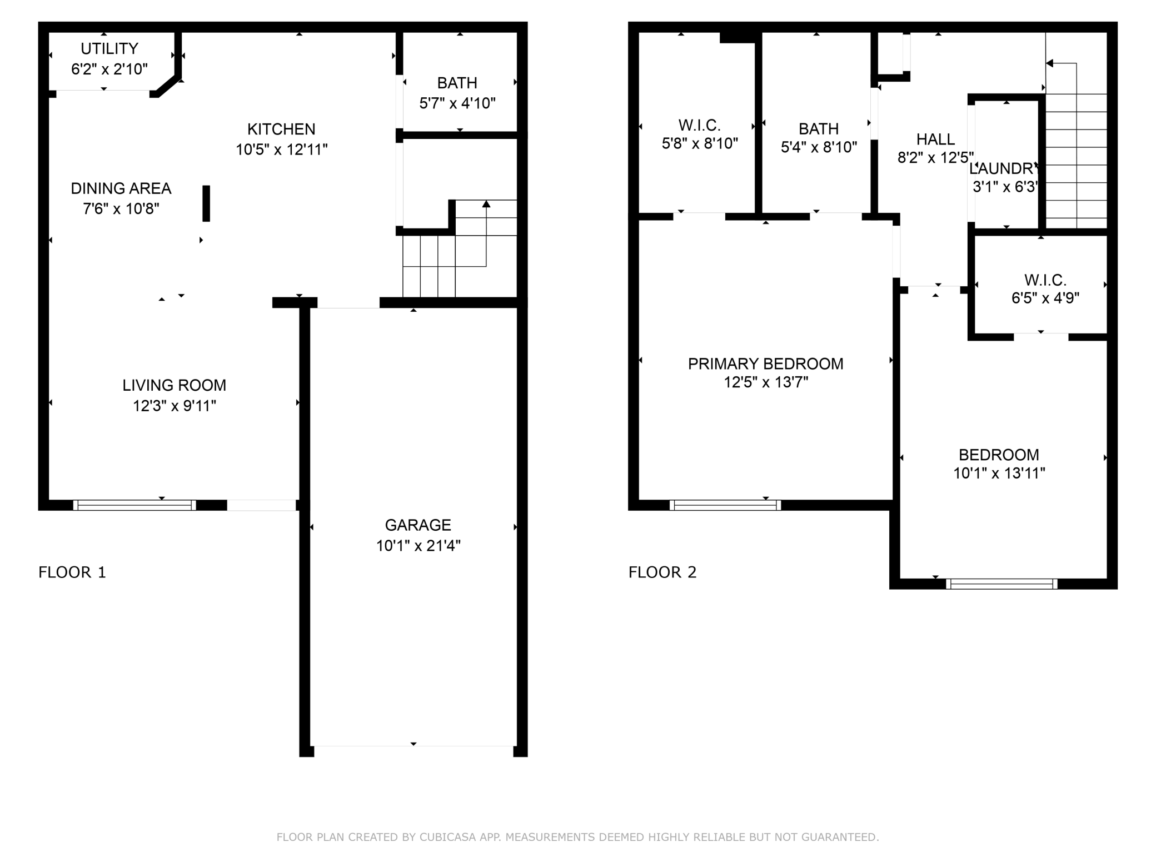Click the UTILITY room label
click(109, 49)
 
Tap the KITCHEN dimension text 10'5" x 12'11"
click(282, 150)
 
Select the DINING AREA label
click(121, 188)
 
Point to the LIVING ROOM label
click(175, 385)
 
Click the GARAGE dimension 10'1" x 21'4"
click(418, 546)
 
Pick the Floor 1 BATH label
click(457, 83)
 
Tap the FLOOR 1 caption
click(72, 572)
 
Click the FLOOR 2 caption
click(662, 572)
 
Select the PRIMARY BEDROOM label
click(766, 363)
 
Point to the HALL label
click(936, 139)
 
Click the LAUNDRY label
click(1004, 168)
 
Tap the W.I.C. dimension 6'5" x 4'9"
click(1045, 298)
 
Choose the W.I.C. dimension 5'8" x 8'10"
click(700, 143)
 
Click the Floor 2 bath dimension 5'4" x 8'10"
click(819, 147)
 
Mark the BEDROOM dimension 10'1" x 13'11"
click(999, 474)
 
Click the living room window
click(134, 505)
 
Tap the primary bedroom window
click(725, 505)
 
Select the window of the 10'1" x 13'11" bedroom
click(1001, 584)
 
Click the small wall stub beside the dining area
click(206, 203)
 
